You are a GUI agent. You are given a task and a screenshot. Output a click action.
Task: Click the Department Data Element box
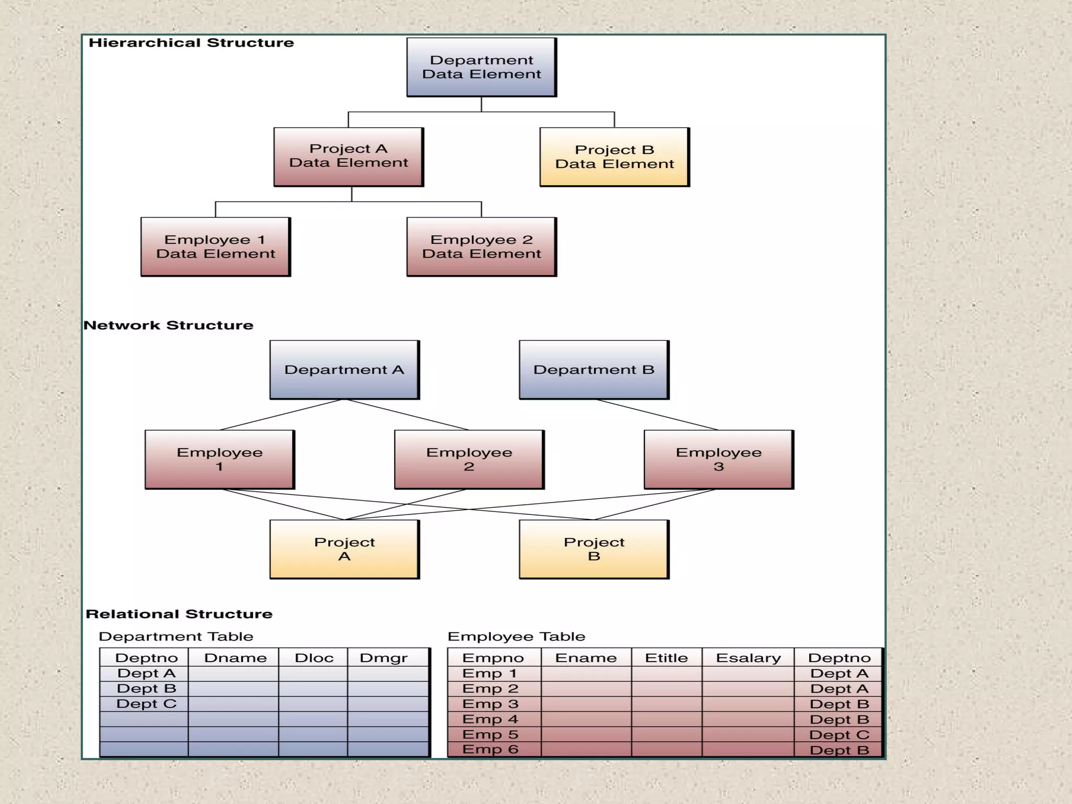click(481, 67)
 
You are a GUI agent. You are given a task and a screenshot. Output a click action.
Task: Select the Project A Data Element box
click(349, 157)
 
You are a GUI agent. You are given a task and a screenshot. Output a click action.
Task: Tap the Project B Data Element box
click(615, 157)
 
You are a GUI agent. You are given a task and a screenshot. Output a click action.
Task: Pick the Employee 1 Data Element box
click(216, 247)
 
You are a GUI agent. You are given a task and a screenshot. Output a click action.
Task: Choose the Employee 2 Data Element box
click(482, 247)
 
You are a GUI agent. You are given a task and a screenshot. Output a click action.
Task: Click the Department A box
click(344, 370)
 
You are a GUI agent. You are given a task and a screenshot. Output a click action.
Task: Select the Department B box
click(594, 370)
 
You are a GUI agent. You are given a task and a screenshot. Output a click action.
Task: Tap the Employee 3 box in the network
click(719, 460)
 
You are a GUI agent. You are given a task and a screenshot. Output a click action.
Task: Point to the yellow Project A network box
click(344, 549)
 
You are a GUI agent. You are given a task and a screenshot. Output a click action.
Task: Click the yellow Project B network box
click(594, 549)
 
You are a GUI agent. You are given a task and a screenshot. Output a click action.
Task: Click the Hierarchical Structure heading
click(191, 43)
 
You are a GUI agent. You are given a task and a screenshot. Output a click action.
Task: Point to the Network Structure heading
click(169, 325)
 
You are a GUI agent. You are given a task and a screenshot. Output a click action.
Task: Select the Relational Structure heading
click(179, 614)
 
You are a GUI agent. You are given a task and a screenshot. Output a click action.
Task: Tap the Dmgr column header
click(383, 658)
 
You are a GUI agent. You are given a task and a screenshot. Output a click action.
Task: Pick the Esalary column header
click(748, 658)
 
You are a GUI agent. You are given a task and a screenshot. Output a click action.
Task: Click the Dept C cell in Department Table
click(146, 704)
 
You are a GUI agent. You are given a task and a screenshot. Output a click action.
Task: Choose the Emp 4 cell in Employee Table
click(490, 719)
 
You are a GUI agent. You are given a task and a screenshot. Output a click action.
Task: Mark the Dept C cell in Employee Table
click(839, 735)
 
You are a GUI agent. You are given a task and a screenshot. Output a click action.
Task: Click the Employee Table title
click(516, 636)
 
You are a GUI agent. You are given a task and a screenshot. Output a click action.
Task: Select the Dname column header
click(235, 658)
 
